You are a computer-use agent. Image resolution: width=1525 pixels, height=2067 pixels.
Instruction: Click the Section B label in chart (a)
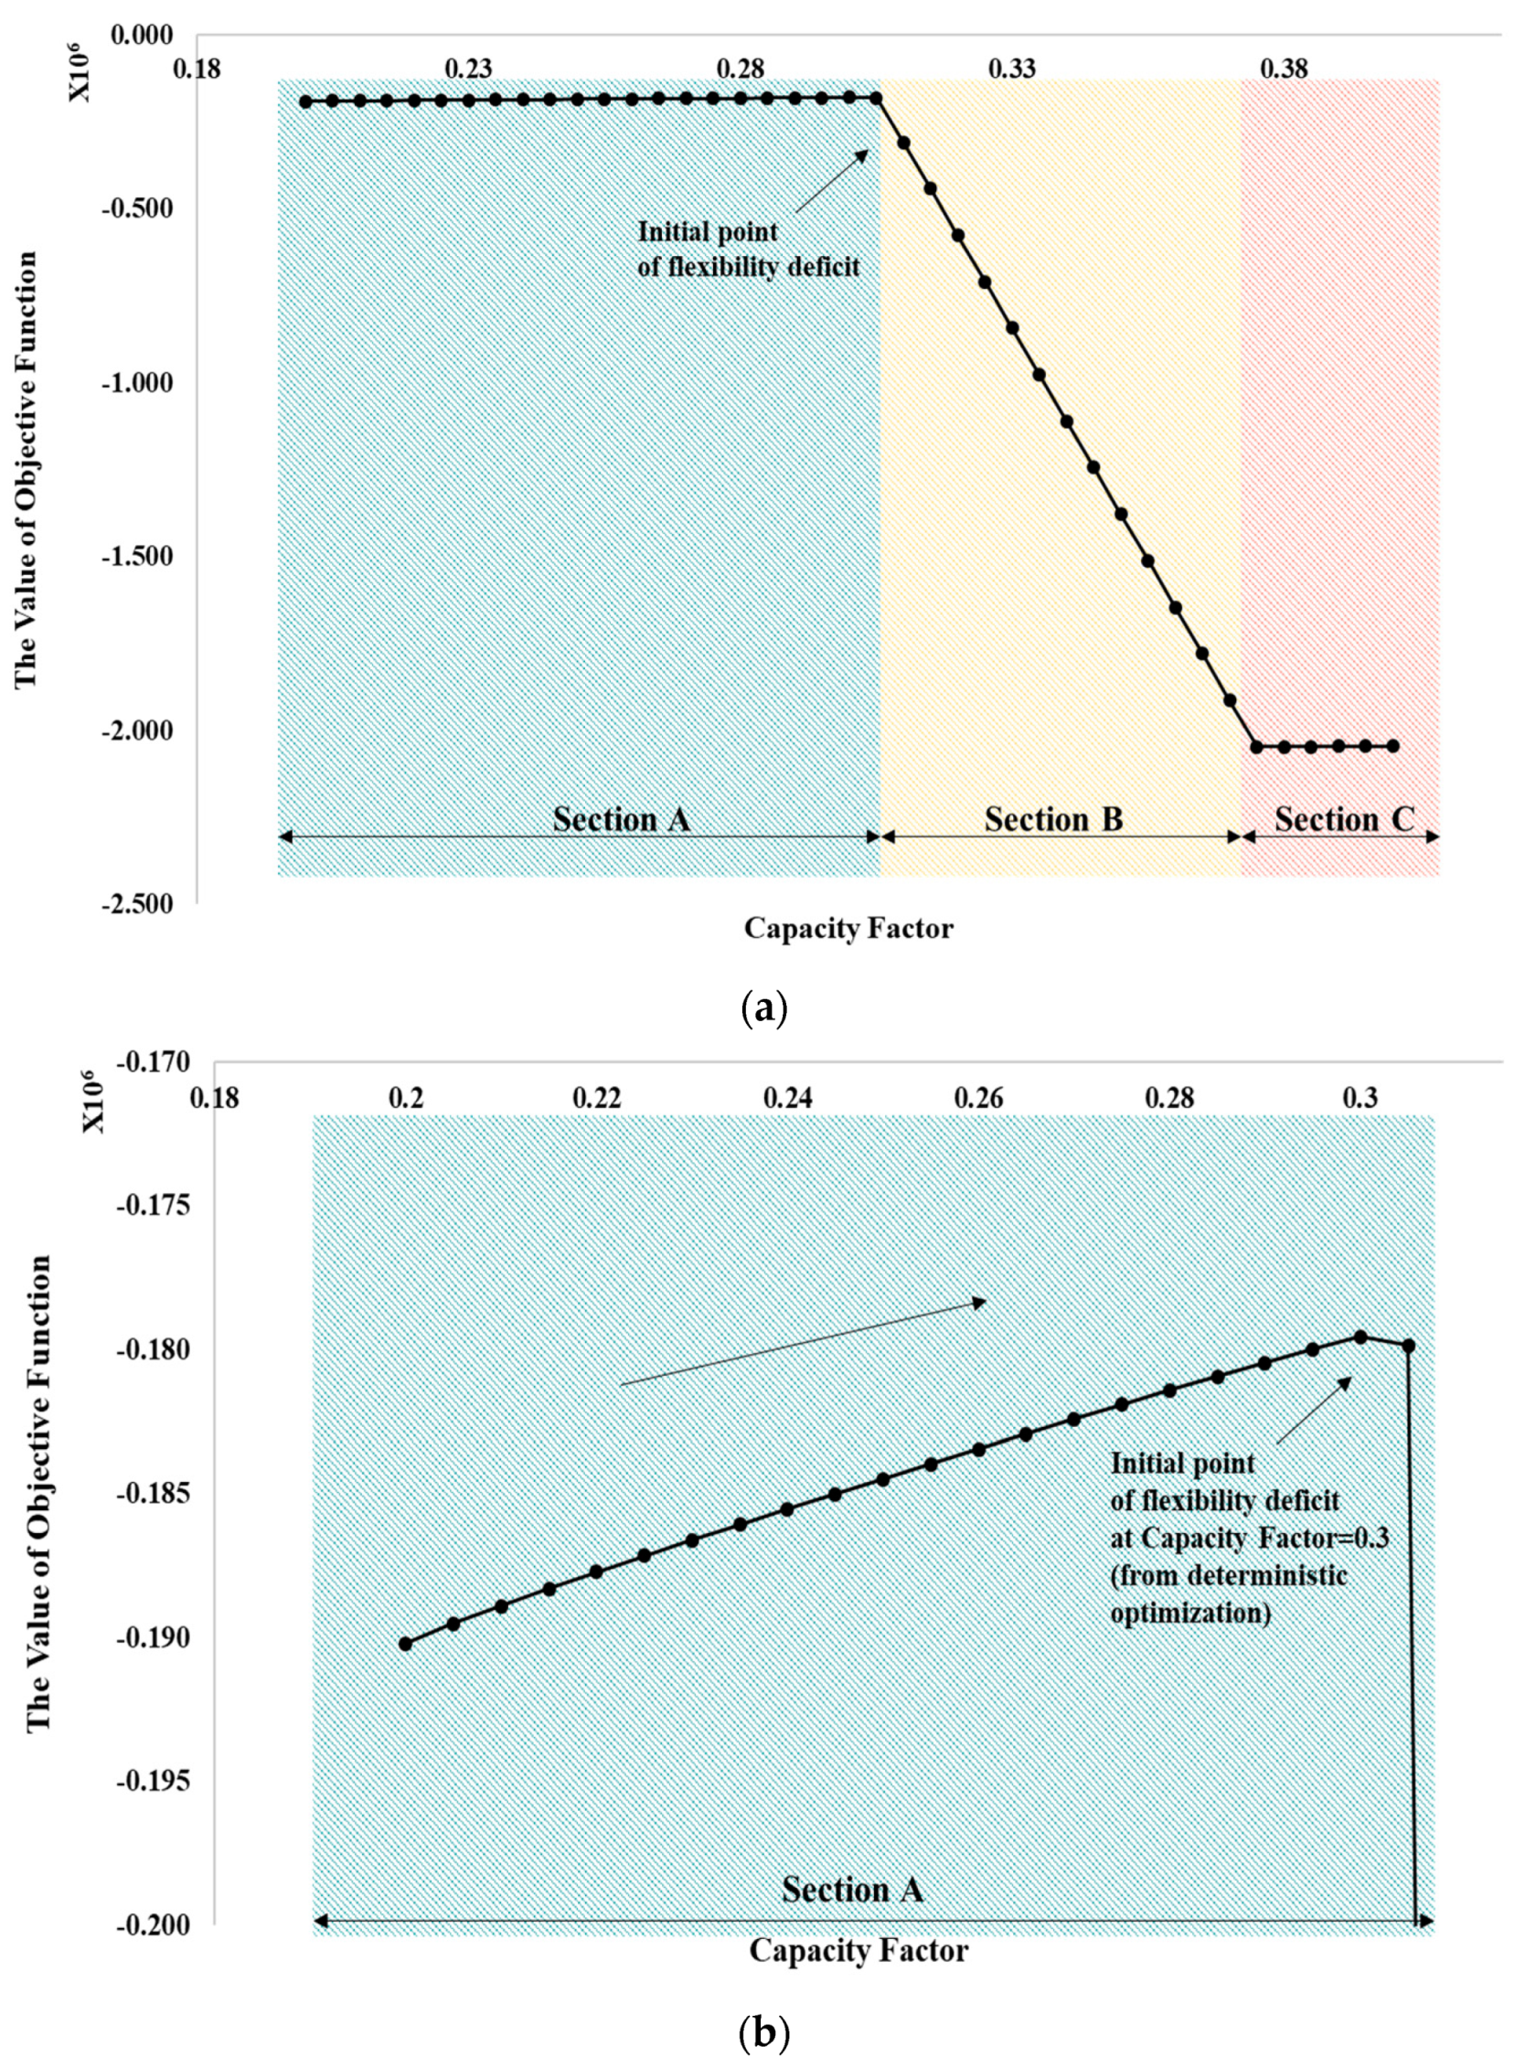[x=1053, y=819]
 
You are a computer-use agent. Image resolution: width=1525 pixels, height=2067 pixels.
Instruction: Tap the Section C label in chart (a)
[x=1344, y=819]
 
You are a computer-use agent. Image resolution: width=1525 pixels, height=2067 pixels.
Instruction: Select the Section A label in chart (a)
[x=622, y=819]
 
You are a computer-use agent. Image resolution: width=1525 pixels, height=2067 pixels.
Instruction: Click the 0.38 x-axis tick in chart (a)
[x=1284, y=69]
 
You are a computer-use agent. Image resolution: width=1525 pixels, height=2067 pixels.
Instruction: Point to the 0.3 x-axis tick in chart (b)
[x=1360, y=1100]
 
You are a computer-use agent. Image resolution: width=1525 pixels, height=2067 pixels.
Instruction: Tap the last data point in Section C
[x=1393, y=746]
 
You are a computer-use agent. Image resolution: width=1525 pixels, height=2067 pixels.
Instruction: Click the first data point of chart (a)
[x=305, y=101]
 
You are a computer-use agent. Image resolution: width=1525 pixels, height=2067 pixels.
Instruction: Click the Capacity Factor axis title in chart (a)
[x=848, y=928]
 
